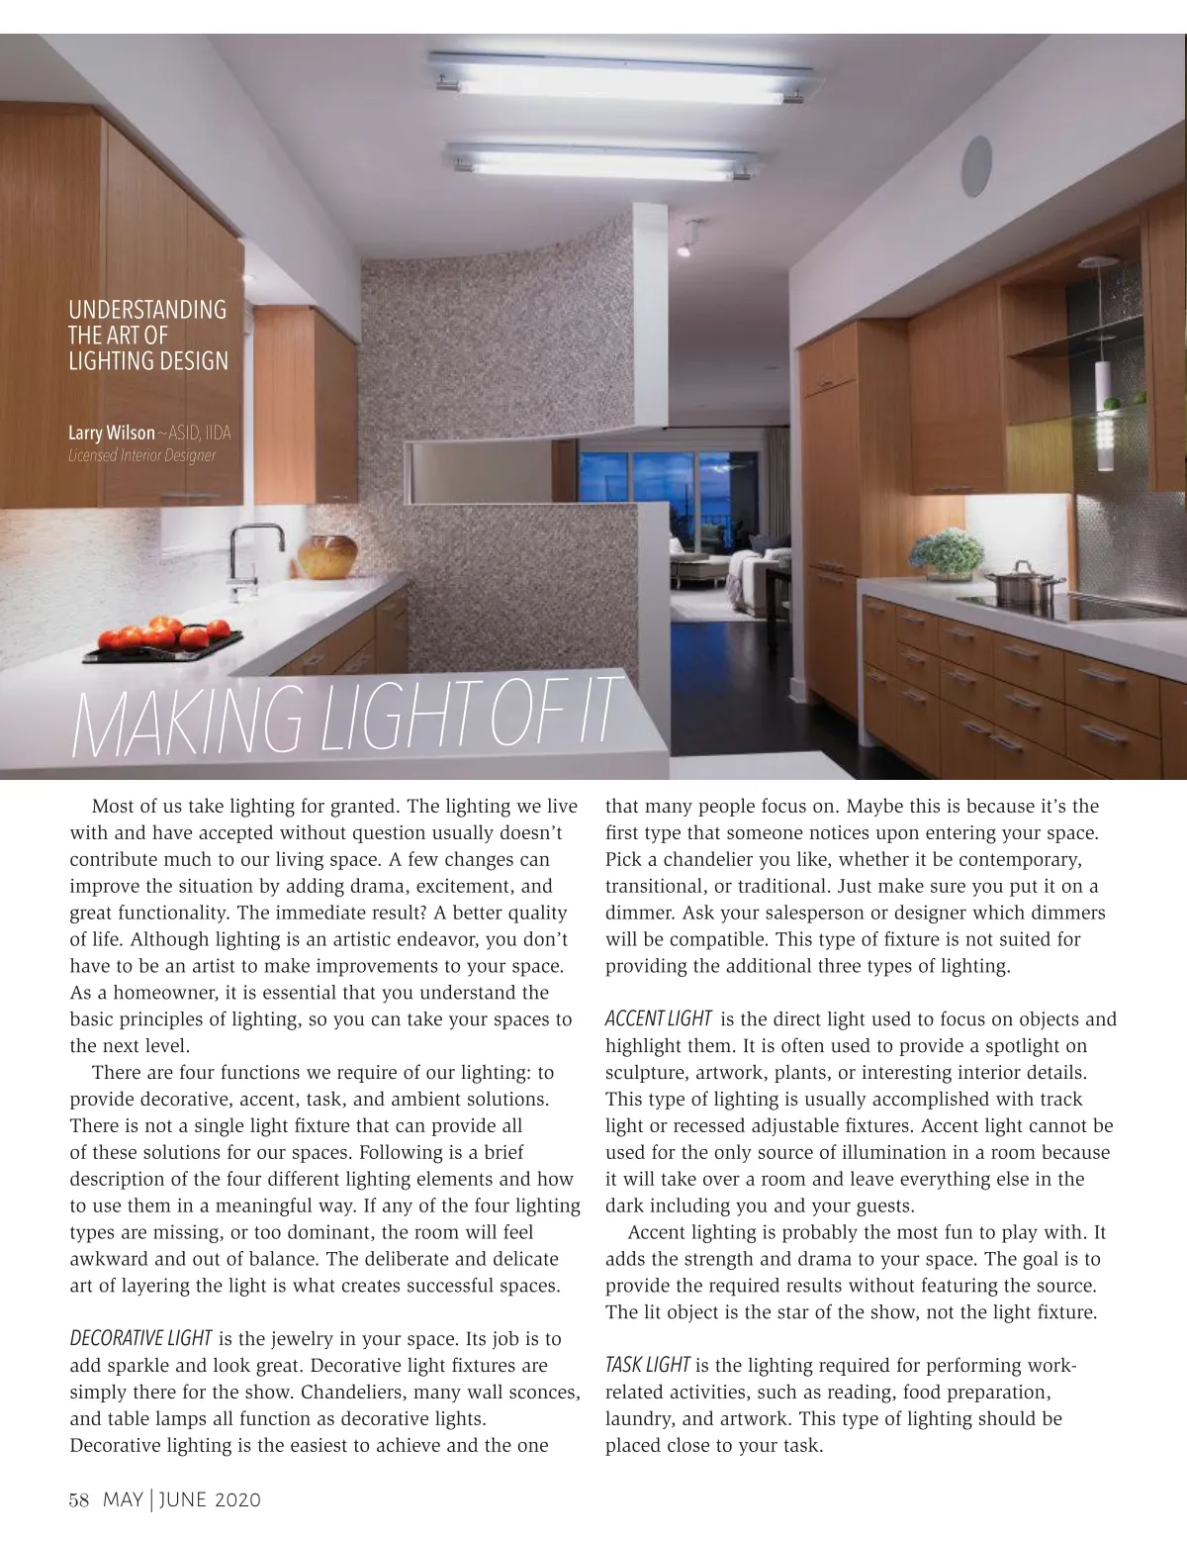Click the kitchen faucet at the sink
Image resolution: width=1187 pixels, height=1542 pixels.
tap(247, 560)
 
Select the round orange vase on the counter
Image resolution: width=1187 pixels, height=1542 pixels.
tap(327, 556)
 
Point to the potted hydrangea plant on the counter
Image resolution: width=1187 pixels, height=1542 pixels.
tap(947, 555)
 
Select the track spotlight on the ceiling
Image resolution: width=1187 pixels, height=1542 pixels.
tap(685, 246)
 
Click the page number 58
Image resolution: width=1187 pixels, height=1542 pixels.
tap(79, 1499)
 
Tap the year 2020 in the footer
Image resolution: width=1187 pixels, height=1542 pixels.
tap(235, 1499)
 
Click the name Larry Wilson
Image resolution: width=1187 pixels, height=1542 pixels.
tap(111, 433)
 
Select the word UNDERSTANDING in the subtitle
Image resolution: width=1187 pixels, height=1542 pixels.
tap(147, 310)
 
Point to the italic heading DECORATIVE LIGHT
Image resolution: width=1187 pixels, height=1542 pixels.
tap(140, 1339)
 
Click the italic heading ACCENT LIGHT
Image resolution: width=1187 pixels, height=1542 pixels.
tap(658, 1018)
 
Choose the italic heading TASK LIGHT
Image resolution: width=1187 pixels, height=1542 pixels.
tap(648, 1365)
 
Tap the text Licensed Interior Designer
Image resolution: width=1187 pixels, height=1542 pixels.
tap(141, 455)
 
